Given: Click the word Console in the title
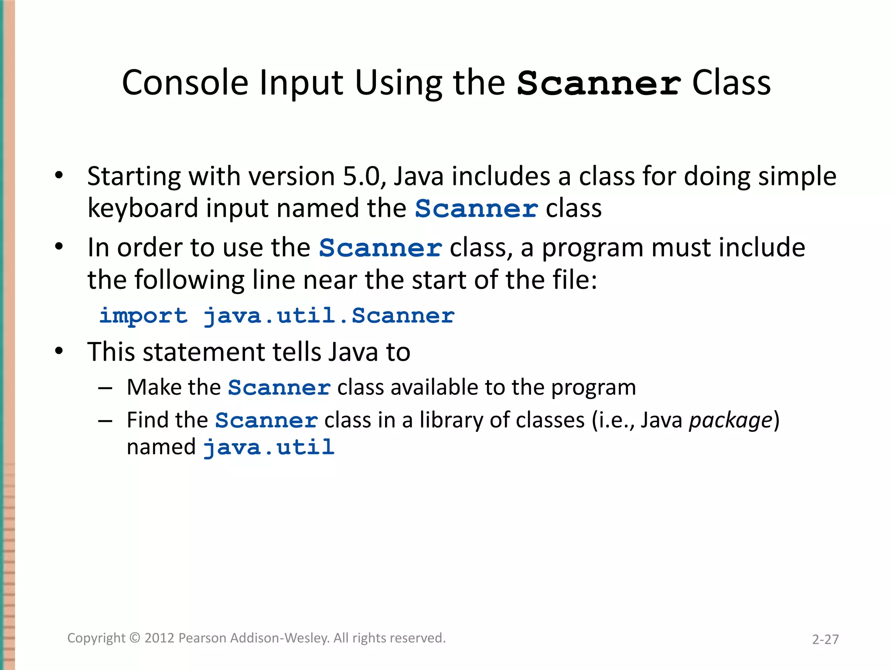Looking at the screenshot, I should [x=185, y=82].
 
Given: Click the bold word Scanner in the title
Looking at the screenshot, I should [x=598, y=83].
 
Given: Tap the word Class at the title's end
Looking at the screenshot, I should [x=731, y=82].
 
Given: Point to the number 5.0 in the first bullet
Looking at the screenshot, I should [x=361, y=176].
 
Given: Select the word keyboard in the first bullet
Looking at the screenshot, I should [x=143, y=208].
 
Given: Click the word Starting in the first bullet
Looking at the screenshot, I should [x=133, y=177].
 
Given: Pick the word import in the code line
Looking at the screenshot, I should [x=143, y=316].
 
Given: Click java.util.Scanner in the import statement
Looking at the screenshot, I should [x=329, y=315].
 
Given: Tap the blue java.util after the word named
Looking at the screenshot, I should [x=269, y=448].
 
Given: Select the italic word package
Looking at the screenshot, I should [x=730, y=420].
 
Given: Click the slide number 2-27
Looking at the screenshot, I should [x=825, y=639].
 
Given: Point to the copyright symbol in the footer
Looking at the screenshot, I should [x=135, y=638].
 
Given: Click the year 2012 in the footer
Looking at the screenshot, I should [x=160, y=638].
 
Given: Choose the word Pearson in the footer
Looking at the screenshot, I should [x=202, y=638].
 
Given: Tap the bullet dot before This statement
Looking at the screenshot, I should [x=59, y=351].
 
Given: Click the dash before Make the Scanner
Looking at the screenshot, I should [x=106, y=388].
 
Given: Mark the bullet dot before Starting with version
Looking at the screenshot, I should [x=59, y=176].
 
